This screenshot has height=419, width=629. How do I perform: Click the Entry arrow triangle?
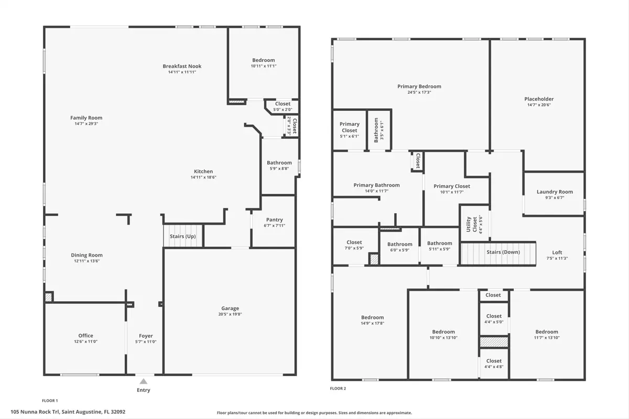144,381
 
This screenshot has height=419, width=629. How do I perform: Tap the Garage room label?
230,308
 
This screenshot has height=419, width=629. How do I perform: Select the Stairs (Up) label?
183,236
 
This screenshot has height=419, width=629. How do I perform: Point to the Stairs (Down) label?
503,252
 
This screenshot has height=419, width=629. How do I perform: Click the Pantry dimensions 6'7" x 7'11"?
274,226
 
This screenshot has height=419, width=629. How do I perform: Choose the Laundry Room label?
555,192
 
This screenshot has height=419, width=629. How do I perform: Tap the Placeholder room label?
539,99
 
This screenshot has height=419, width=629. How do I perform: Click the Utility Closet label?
471,224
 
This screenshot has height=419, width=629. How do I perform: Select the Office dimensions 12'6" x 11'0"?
85,341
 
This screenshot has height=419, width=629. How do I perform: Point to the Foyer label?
146,336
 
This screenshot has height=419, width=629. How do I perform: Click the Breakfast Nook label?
182,66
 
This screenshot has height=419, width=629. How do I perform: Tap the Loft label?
557,252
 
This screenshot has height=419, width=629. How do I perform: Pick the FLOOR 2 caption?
338,389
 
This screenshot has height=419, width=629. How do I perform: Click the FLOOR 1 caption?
50,401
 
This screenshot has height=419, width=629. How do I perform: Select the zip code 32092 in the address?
118,412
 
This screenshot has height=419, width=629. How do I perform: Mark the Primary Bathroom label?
376,185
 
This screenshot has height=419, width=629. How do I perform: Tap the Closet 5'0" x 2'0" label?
283,104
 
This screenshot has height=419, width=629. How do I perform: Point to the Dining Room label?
86,255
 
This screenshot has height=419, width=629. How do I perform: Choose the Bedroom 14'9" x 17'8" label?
372,317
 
